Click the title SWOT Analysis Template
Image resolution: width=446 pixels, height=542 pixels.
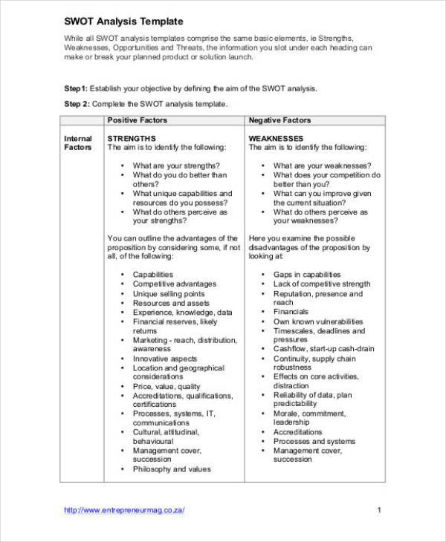click(123, 22)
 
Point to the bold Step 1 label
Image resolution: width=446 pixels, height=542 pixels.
click(76, 88)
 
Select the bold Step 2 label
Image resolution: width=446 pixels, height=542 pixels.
click(77, 104)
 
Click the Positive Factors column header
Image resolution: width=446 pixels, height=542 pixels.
click(138, 120)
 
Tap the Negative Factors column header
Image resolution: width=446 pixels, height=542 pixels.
click(279, 120)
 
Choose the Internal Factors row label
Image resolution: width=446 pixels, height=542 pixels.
click(78, 143)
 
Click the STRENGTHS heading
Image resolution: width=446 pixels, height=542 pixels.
click(132, 138)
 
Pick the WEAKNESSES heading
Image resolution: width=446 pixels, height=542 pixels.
click(276, 138)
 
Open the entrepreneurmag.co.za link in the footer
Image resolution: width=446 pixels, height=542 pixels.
click(124, 510)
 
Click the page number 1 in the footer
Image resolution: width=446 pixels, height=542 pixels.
click(379, 510)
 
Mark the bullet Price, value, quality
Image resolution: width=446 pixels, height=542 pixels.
click(167, 386)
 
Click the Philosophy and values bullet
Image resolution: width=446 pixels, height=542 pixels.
click(172, 469)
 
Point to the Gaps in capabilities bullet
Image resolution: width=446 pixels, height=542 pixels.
click(306, 275)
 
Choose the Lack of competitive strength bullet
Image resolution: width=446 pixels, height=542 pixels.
click(321, 284)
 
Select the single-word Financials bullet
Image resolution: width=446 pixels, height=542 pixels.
click(291, 312)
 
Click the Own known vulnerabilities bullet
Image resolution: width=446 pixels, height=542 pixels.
click(318, 321)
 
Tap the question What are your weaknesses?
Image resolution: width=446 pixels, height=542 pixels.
click(323, 166)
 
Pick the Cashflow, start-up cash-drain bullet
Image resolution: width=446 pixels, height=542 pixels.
click(323, 349)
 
